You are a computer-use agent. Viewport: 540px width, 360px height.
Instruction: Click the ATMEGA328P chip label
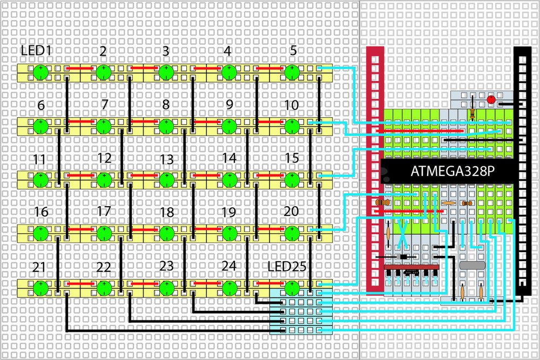tap(453, 171)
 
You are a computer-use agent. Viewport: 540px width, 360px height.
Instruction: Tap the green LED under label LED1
tap(39, 71)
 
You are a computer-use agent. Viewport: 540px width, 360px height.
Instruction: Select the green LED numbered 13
tap(166, 178)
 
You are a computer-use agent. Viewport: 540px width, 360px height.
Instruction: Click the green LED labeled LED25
tap(292, 286)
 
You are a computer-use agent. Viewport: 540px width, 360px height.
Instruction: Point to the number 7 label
tap(104, 104)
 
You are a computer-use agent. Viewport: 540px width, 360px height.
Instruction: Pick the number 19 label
tap(228, 212)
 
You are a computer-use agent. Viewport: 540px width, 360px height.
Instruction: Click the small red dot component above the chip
tap(491, 100)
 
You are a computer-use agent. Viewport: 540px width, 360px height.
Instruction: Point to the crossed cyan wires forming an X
tap(403, 232)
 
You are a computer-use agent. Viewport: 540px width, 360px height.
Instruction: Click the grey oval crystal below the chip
tap(473, 266)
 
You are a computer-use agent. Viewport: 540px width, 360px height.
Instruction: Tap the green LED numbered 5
tap(292, 71)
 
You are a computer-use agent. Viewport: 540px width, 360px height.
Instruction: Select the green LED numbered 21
tap(39, 286)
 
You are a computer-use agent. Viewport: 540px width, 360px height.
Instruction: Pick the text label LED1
tap(36, 51)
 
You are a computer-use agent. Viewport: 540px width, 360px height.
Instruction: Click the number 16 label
tap(40, 212)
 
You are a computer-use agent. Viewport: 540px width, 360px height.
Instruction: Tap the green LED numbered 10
tap(292, 126)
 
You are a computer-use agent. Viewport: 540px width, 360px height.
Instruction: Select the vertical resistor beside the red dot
tap(474, 111)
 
